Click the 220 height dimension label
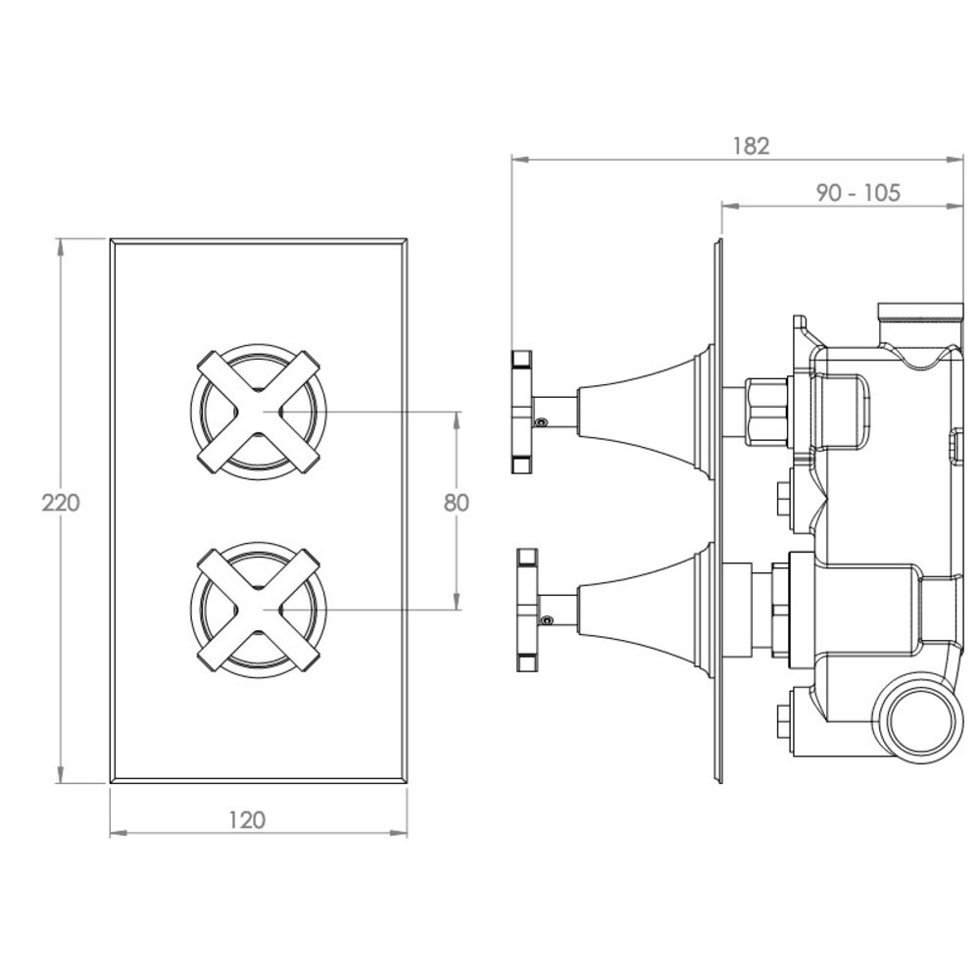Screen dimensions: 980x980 pos(61,503)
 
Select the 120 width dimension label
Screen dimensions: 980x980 pos(247,819)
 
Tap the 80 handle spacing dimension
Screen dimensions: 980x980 pos(457,503)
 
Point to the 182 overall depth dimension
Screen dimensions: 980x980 pos(751,146)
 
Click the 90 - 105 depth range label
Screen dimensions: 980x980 pos(858,192)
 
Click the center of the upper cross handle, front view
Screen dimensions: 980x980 pos(258,412)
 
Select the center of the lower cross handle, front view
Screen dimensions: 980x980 pos(258,610)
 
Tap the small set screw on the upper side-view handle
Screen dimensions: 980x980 pos(541,422)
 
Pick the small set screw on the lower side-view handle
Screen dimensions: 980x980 pos(548,620)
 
